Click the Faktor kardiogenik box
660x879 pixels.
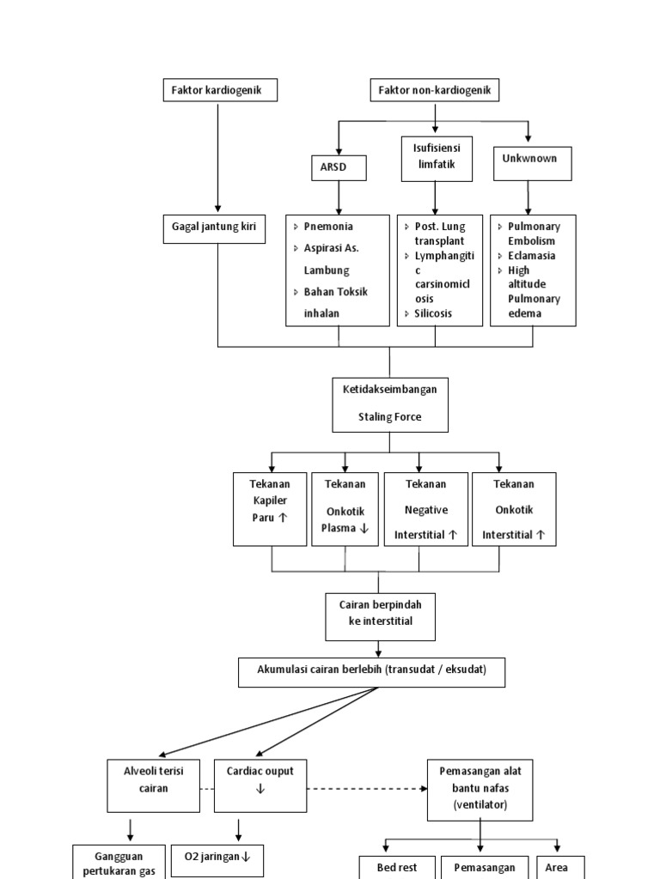(x=220, y=90)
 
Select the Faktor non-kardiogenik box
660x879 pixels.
(x=435, y=90)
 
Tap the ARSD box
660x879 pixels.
(x=339, y=167)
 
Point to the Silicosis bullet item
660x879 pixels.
(x=433, y=314)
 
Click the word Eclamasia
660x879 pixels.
(x=531, y=256)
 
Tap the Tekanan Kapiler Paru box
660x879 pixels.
(x=270, y=509)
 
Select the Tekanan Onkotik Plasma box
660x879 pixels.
(x=345, y=509)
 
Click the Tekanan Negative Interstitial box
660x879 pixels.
(x=426, y=509)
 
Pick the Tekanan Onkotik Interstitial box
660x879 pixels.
(x=514, y=509)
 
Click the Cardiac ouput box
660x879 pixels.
(x=260, y=784)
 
